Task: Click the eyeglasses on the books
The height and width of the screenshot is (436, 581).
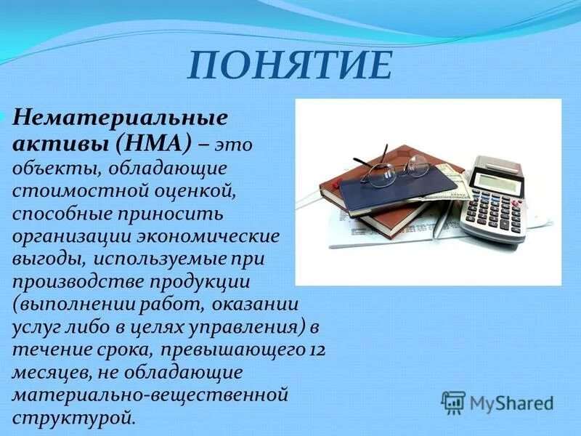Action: pyautogui.click(x=396, y=169)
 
